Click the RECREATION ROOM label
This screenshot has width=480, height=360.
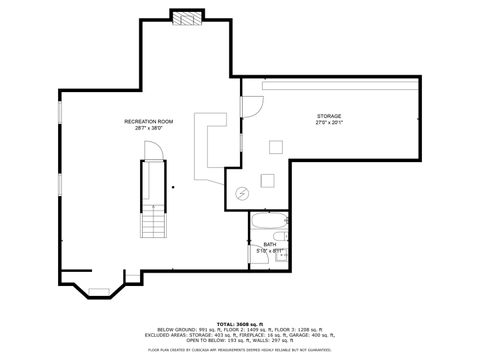pos(148,121)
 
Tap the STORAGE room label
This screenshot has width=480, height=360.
pos(329,116)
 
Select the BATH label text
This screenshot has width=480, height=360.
pos(270,244)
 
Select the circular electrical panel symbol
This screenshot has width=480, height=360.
pos(241,193)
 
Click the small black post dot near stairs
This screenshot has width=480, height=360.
pos(173,186)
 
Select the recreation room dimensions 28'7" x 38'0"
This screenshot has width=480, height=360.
pos(148,128)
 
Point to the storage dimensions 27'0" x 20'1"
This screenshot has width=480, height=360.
pos(329,123)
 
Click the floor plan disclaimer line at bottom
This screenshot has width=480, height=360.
pos(239,350)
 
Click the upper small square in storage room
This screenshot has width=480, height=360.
pos(273,147)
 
